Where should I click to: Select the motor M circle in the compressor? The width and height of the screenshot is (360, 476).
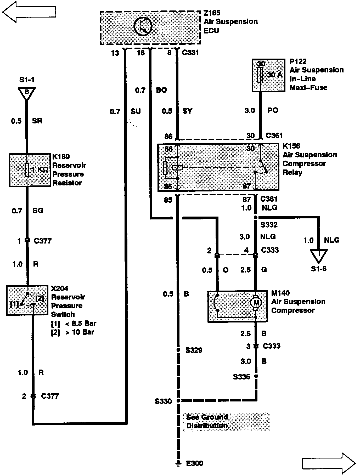pyautogui.click(x=256, y=303)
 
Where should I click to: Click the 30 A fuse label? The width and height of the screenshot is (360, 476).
pyautogui.click(x=274, y=75)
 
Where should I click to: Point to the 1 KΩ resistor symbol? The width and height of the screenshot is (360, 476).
pyautogui.click(x=27, y=170)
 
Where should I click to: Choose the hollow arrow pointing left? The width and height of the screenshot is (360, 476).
pyautogui.click(x=29, y=12)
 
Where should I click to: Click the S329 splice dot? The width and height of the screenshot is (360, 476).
pyautogui.click(x=178, y=350)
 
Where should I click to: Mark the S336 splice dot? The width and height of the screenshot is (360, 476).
pyautogui.click(x=256, y=376)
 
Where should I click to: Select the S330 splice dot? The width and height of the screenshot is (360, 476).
pyautogui.click(x=178, y=400)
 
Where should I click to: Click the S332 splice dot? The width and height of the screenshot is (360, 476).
pyautogui.click(x=256, y=217)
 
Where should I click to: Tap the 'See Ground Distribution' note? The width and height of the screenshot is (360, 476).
pyautogui.click(x=207, y=421)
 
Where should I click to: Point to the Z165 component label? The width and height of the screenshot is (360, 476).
pyautogui.click(x=212, y=13)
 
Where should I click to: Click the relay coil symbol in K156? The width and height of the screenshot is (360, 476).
pyautogui.click(x=177, y=168)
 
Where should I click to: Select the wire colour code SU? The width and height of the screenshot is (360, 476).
pyautogui.click(x=136, y=112)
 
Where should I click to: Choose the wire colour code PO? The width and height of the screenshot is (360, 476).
pyautogui.click(x=273, y=110)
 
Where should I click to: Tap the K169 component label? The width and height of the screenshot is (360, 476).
pyautogui.click(x=61, y=157)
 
